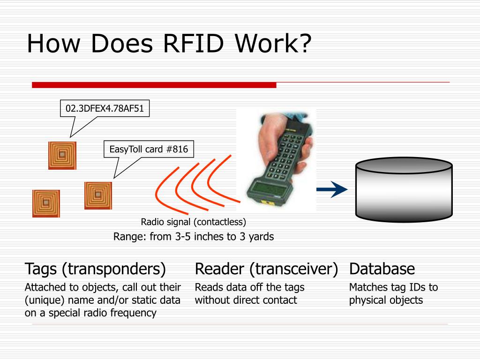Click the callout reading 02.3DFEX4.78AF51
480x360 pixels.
point(105,109)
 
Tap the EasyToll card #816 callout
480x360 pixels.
point(149,150)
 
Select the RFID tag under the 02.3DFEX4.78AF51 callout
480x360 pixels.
point(62,155)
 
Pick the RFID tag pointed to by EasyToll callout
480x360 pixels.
point(98,195)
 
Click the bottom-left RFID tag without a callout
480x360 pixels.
point(46,203)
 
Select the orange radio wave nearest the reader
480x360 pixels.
point(225,180)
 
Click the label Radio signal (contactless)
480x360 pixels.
point(193,222)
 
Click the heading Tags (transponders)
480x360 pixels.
point(95,269)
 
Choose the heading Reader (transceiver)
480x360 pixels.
point(266,269)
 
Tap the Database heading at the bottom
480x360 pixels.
point(382,269)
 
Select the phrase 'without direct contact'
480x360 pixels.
point(246,300)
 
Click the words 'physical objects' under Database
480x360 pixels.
point(386,300)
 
